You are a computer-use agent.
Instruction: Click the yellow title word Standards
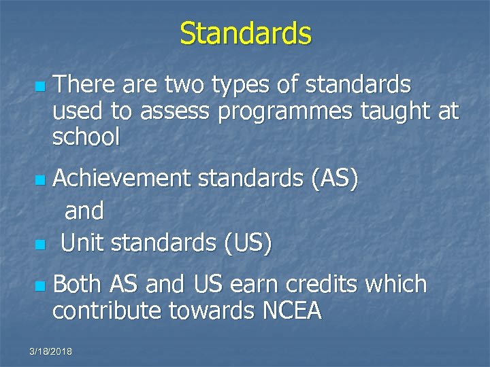click(245, 33)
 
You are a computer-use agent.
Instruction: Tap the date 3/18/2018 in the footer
click(51, 351)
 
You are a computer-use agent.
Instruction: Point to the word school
click(86, 138)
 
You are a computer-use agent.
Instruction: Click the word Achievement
click(122, 179)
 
